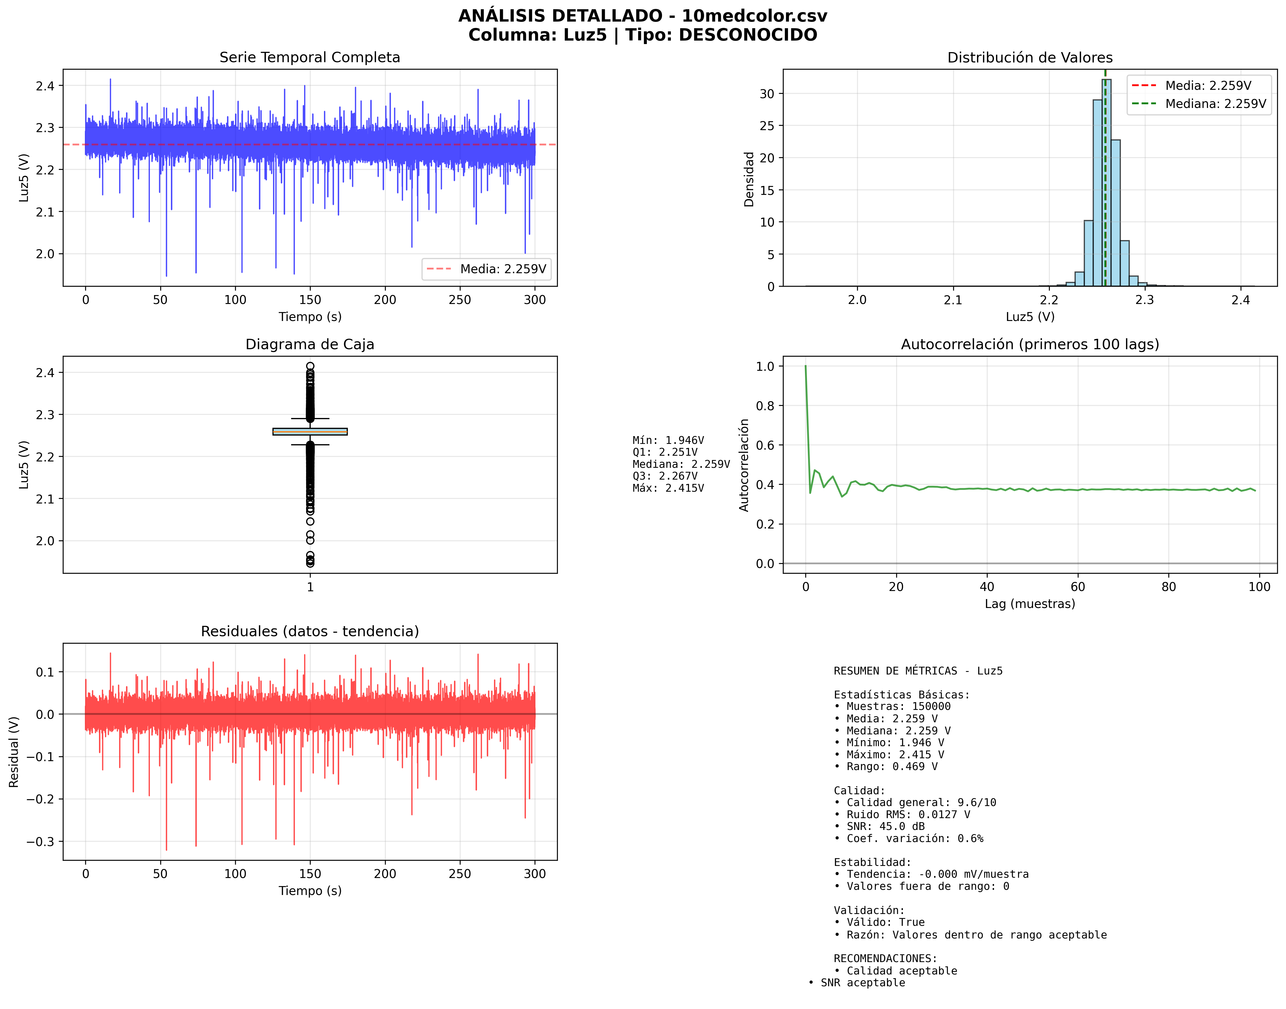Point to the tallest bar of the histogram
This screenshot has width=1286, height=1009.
tap(1106, 183)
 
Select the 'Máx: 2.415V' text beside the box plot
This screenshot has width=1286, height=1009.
tap(668, 488)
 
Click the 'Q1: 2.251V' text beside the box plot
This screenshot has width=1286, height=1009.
tap(665, 452)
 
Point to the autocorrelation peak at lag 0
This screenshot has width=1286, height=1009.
tap(805, 367)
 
